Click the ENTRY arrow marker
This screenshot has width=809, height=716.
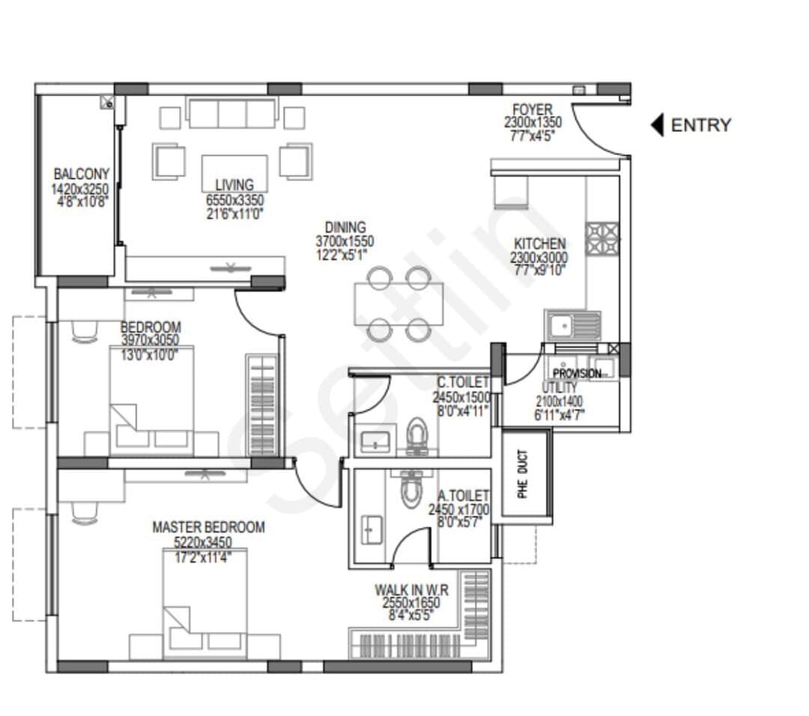(657, 125)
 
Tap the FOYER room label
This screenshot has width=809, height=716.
(533, 110)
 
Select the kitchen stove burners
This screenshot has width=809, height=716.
(602, 239)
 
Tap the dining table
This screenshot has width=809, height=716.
(399, 303)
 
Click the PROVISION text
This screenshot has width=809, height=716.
(576, 373)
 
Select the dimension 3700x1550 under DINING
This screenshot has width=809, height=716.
(345, 241)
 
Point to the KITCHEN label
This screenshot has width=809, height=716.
(539, 243)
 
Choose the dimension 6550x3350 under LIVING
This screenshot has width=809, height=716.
(234, 200)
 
